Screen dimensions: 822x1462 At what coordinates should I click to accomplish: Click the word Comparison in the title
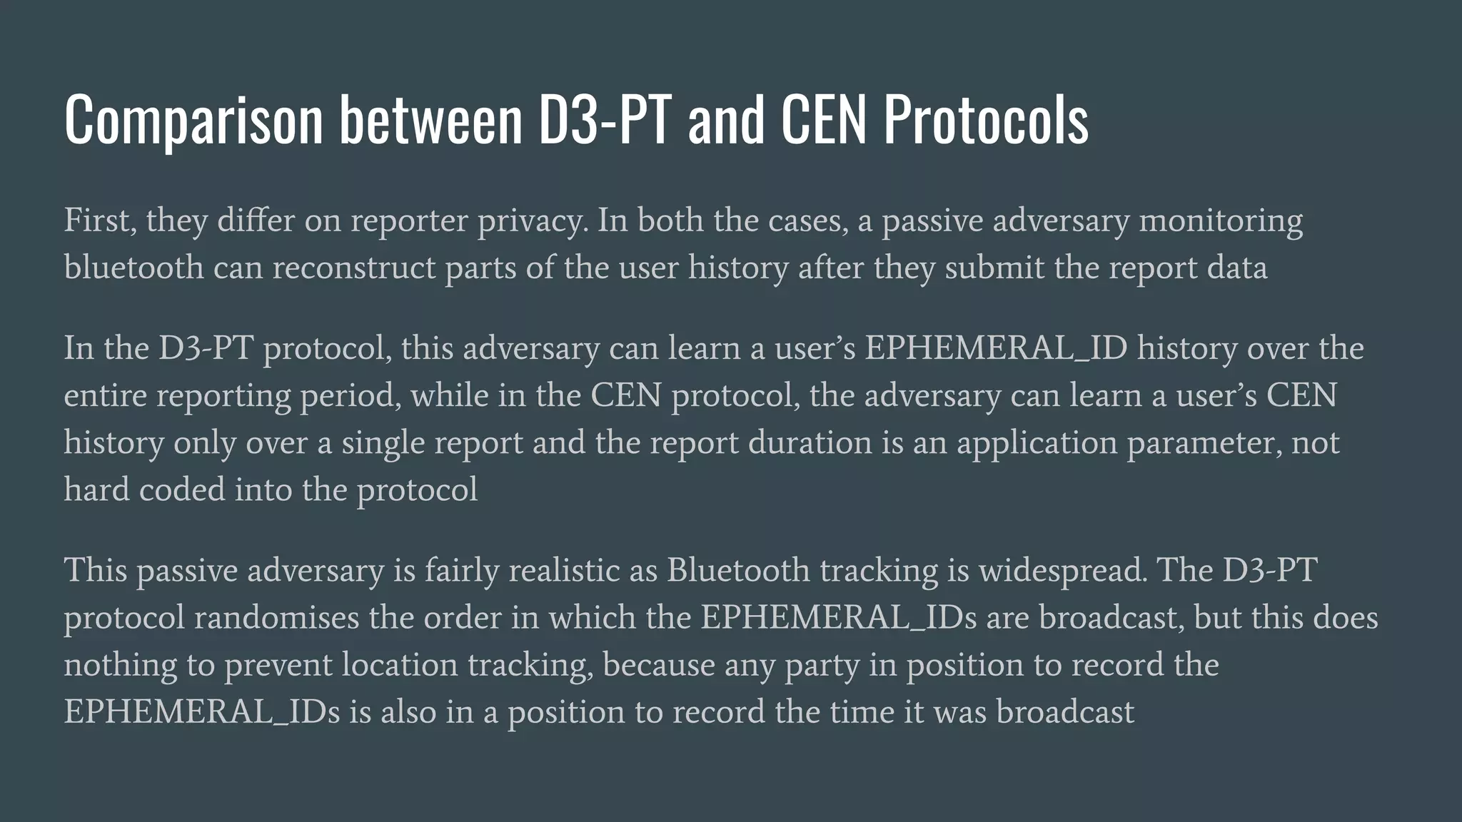click(193, 120)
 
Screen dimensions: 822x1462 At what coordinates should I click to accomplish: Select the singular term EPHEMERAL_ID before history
click(997, 349)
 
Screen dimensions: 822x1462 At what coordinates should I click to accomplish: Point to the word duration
click(810, 443)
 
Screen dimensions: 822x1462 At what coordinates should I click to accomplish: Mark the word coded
click(181, 490)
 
